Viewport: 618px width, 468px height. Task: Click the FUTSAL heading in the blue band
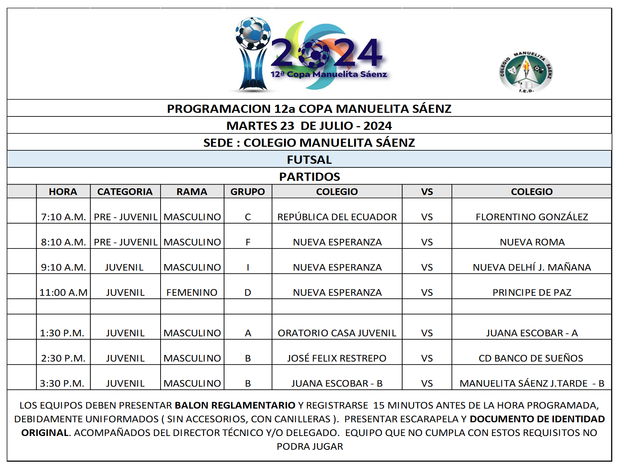(309, 160)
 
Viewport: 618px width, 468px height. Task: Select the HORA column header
(63, 192)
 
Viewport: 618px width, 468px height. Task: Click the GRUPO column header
(247, 192)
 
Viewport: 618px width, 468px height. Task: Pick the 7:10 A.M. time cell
(63, 217)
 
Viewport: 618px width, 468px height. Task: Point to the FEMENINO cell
(192, 292)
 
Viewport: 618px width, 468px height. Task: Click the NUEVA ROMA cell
(532, 242)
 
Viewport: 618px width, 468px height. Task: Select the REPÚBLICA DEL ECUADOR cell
(337, 217)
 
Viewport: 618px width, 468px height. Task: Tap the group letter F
(248, 242)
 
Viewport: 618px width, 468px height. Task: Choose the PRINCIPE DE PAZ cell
(532, 292)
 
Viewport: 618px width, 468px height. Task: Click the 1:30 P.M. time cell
(62, 333)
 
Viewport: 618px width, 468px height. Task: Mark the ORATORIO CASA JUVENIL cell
(337, 333)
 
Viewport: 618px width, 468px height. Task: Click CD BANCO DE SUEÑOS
(531, 358)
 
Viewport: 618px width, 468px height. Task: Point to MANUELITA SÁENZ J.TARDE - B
(532, 383)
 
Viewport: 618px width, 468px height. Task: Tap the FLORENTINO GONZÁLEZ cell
(532, 217)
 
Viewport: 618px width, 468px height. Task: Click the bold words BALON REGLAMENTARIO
(235, 405)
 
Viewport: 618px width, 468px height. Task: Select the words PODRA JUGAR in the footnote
(310, 446)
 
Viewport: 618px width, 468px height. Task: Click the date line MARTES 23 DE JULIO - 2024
(309, 126)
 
